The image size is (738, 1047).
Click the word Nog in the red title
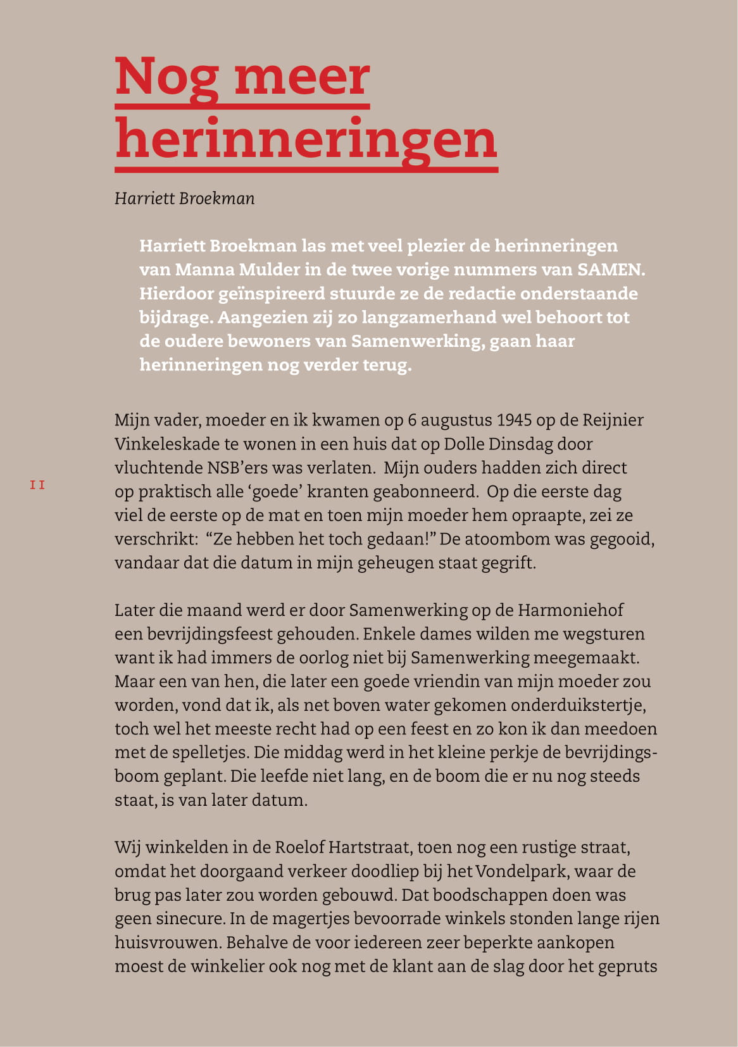click(x=166, y=77)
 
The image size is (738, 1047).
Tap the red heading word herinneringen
click(x=306, y=141)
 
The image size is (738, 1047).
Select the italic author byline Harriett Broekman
click(x=185, y=199)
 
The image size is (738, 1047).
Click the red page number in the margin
click(x=37, y=486)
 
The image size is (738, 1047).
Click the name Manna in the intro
click(x=198, y=270)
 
